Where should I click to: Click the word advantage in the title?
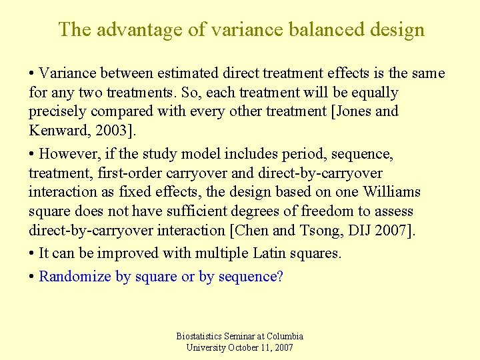click(x=126, y=30)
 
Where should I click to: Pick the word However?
click(x=69, y=154)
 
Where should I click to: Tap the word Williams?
click(x=391, y=192)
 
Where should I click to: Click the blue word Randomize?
click(x=75, y=276)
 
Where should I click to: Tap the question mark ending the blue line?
click(x=280, y=276)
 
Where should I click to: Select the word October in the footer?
click(x=245, y=348)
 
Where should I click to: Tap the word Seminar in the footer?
click(x=244, y=337)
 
